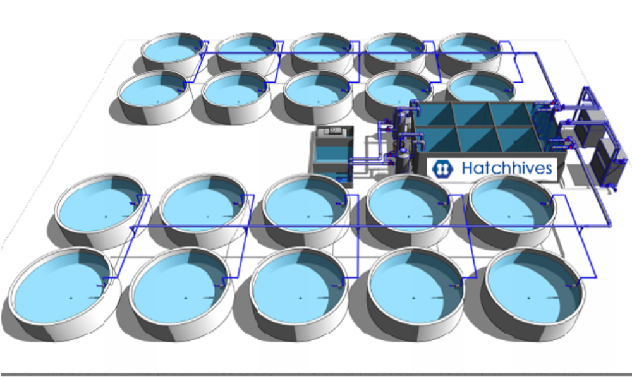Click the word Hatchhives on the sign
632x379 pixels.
click(507, 167)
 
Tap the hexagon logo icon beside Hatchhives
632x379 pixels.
click(442, 169)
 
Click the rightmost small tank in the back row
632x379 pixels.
click(470, 54)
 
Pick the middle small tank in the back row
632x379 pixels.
click(321, 54)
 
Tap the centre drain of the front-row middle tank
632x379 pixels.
click(300, 298)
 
